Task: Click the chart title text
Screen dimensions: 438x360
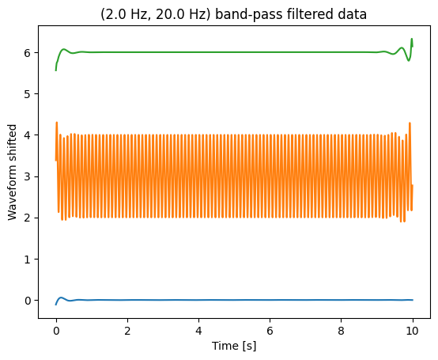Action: (233, 14)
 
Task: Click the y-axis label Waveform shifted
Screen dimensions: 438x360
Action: (13, 172)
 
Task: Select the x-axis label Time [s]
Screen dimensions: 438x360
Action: (234, 346)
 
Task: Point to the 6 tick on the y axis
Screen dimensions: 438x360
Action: (28, 52)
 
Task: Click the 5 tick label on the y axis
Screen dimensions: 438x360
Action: (28, 94)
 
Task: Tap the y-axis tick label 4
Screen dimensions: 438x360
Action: (28, 135)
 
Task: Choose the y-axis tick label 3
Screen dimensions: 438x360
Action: (28, 176)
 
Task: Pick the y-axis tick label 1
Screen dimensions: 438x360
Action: (28, 260)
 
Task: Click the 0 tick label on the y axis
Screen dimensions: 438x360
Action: (28, 301)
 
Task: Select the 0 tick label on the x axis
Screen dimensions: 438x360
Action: (56, 331)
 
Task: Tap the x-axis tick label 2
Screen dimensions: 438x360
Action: (127, 331)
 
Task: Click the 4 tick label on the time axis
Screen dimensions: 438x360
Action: (198, 331)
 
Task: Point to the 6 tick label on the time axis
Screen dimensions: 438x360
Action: (270, 331)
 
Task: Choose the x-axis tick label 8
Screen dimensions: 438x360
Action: (341, 331)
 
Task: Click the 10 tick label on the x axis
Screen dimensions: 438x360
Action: (412, 331)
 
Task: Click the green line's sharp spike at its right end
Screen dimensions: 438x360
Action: (411, 39)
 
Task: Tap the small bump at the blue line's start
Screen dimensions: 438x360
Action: (61, 297)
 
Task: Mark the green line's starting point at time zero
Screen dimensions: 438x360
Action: (56, 70)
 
